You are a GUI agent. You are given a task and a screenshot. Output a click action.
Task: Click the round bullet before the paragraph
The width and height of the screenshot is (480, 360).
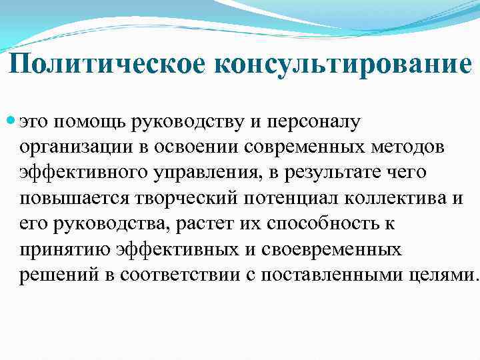click(11, 122)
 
